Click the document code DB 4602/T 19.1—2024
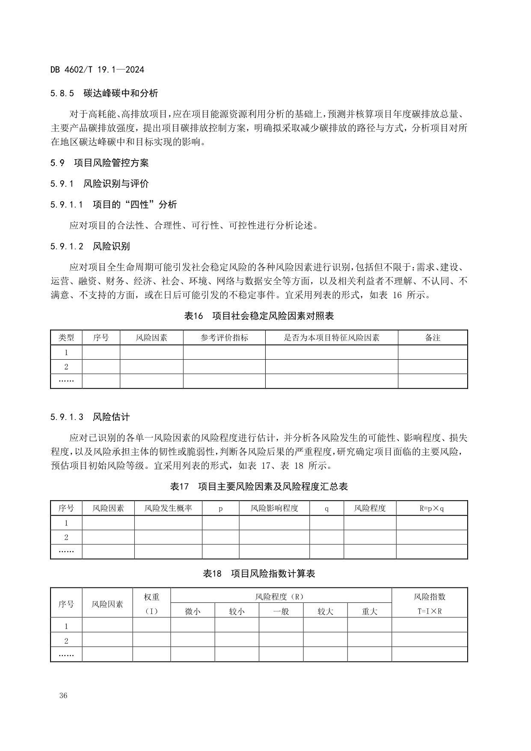pos(97,70)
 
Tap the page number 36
pos(63,695)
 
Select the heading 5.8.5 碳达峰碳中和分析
pos(104,93)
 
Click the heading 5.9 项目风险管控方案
pos(99,163)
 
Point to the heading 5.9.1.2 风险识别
pos(90,246)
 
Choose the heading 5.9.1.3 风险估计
pos(90,417)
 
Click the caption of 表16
pos(258,316)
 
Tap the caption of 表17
pos(258,486)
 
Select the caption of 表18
pos(258,574)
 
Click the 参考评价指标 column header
pos(224,338)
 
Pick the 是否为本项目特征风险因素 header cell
pos(332,338)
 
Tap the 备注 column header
pos(433,338)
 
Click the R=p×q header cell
pos(432,508)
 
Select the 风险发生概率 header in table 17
pos(168,508)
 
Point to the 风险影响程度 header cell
pos(274,508)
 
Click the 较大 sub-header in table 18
pos(325,611)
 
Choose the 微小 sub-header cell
pos(193,611)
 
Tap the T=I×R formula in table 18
pos(430,611)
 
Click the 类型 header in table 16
pos(66,338)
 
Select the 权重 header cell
pos(151,597)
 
